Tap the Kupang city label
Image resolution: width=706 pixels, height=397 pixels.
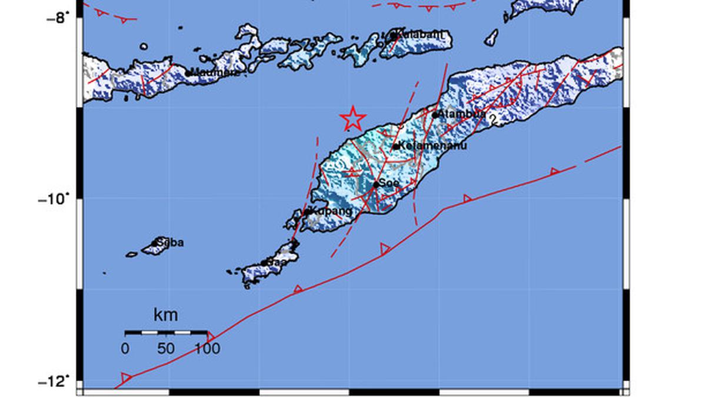tap(331, 211)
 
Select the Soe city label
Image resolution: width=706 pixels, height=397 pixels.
tap(389, 184)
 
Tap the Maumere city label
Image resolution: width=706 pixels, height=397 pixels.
tap(215, 73)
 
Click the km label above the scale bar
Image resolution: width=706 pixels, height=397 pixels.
tap(165, 315)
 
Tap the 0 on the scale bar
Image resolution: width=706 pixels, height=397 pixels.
tap(125, 349)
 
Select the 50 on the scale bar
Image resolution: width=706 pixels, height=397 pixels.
tap(166, 349)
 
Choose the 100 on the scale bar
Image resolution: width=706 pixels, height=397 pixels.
tap(207, 349)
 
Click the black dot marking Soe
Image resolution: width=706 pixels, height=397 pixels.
tap(376, 185)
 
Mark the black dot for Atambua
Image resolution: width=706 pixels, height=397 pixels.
tap(435, 115)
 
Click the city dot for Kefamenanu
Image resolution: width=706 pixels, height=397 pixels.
tap(396, 146)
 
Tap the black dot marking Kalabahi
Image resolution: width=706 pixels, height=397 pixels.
tap(393, 35)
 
